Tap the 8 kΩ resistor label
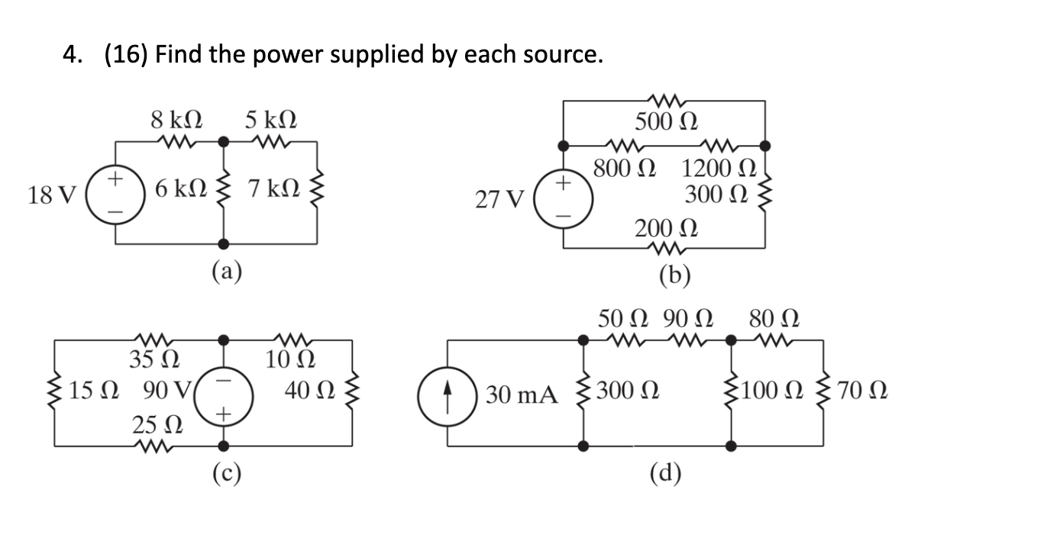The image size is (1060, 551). (x=176, y=119)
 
